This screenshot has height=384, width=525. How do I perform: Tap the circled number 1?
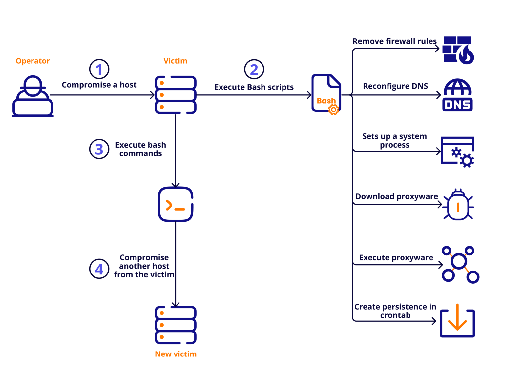coord(99,69)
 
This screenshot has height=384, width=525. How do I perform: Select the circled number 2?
coord(254,69)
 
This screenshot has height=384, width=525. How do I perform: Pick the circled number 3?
coord(99,149)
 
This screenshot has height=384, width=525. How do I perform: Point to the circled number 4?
coord(99,269)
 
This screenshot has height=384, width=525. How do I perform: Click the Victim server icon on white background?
coord(176,95)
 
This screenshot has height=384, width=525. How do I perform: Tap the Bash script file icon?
coord(326,93)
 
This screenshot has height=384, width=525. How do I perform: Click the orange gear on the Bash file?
coord(333,110)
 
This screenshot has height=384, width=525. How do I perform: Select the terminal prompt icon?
coord(176,204)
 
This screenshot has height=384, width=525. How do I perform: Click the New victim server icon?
coord(176,325)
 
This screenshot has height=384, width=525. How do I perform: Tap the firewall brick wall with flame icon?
coord(458,50)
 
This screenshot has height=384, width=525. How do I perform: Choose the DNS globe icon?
coord(457,95)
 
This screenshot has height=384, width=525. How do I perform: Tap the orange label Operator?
coord(32,61)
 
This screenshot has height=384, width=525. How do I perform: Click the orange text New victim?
coord(176,354)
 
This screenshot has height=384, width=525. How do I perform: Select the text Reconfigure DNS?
coord(395,86)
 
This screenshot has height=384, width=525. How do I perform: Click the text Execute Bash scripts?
coord(254,87)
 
